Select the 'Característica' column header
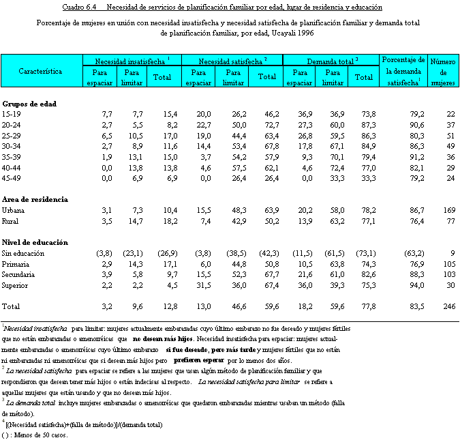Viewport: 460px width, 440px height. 41,71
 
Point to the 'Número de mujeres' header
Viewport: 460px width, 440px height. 442,71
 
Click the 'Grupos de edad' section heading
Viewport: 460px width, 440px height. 29,104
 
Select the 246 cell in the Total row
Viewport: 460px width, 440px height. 446,308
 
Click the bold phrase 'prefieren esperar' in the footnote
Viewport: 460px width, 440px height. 200,360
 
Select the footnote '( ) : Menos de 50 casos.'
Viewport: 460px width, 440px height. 35,435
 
